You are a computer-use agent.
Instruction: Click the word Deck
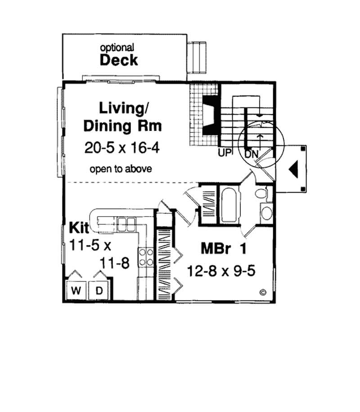pyautogui.click(x=119, y=60)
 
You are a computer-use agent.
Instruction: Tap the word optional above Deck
pyautogui.click(x=117, y=47)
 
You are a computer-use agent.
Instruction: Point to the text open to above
pyautogui.click(x=120, y=169)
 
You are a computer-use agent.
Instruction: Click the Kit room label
pyautogui.click(x=78, y=226)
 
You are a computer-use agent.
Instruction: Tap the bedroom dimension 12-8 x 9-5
pyautogui.click(x=225, y=271)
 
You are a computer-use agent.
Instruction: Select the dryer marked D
pyautogui.click(x=99, y=290)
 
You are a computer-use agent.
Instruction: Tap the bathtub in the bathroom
pyautogui.click(x=229, y=205)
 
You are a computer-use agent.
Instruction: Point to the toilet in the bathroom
pyautogui.click(x=261, y=194)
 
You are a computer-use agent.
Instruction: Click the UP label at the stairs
pyautogui.click(x=225, y=153)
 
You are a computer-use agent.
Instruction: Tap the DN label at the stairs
pyautogui.click(x=251, y=154)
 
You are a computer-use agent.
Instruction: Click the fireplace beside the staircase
pyautogui.click(x=210, y=115)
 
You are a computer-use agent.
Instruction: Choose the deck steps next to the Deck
pyautogui.click(x=197, y=57)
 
